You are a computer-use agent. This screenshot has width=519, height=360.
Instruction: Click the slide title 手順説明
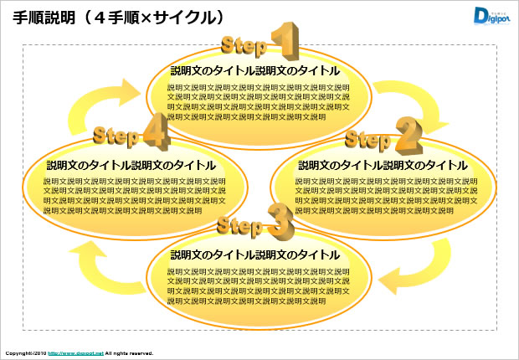[x=49, y=16]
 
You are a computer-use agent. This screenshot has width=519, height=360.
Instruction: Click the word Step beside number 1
[x=244, y=45]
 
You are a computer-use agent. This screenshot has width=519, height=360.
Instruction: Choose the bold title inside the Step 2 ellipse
[x=383, y=165]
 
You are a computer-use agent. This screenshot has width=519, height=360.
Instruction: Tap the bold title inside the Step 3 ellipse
[x=255, y=255]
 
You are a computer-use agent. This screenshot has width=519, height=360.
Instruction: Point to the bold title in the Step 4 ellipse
[x=131, y=165]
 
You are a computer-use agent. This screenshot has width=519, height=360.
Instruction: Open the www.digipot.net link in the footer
[x=75, y=353]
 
